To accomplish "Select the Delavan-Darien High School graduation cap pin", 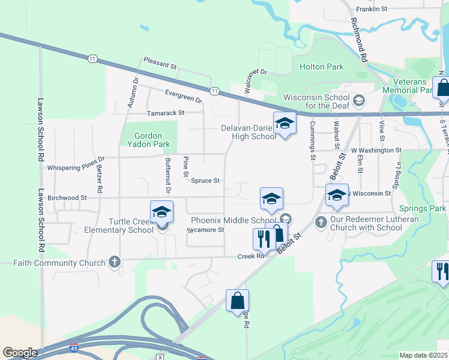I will pyautogui.click(x=285, y=124).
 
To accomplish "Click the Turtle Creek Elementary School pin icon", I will pyautogui.click(x=161, y=213).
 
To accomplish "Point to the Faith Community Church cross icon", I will pyautogui.click(x=114, y=262).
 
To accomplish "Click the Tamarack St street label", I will pyautogui.click(x=166, y=112).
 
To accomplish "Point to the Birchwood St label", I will pyautogui.click(x=67, y=197).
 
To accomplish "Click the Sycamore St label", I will pyautogui.click(x=205, y=229).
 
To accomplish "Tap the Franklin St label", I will pyautogui.click(x=372, y=9).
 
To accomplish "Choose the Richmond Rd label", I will pyautogui.click(x=358, y=48).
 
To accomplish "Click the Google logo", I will pyautogui.click(x=20, y=353).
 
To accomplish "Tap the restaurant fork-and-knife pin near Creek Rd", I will pyautogui.click(x=264, y=238).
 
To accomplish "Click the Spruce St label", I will pyautogui.click(x=205, y=180).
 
